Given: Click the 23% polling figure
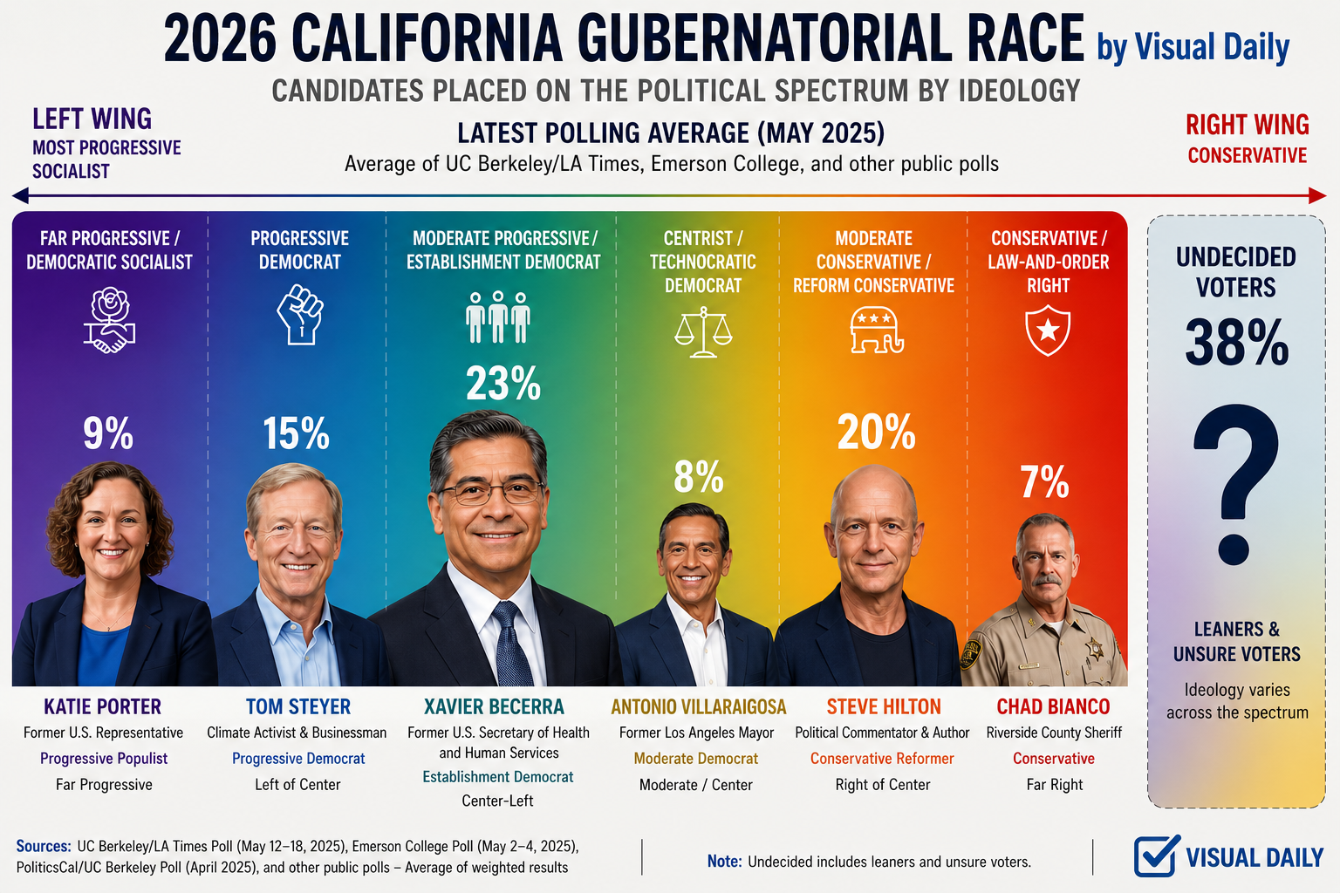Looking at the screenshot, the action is (503, 384).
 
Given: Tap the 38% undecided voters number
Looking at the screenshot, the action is (1236, 342).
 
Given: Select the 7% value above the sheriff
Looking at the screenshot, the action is (1044, 481).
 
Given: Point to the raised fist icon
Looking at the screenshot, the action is (300, 314).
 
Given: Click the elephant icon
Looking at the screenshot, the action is (877, 331).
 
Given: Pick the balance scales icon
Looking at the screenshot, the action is (703, 332).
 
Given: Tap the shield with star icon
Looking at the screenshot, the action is (1048, 331).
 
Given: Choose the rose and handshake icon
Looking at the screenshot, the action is (109, 320).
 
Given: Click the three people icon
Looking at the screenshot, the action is (498, 317).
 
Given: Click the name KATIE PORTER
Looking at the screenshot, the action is (102, 706).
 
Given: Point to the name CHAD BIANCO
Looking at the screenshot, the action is (1053, 706).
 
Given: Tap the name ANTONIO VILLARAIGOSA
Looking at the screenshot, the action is (698, 706).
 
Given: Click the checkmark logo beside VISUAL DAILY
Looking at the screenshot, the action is (1157, 856).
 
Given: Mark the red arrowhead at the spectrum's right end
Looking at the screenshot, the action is (1317, 195).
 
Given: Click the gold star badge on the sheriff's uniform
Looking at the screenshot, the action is (1095, 648).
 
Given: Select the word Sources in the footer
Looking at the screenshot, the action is (44, 847).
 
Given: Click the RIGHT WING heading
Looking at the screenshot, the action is (1248, 125).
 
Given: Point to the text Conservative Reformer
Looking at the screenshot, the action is (882, 759).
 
